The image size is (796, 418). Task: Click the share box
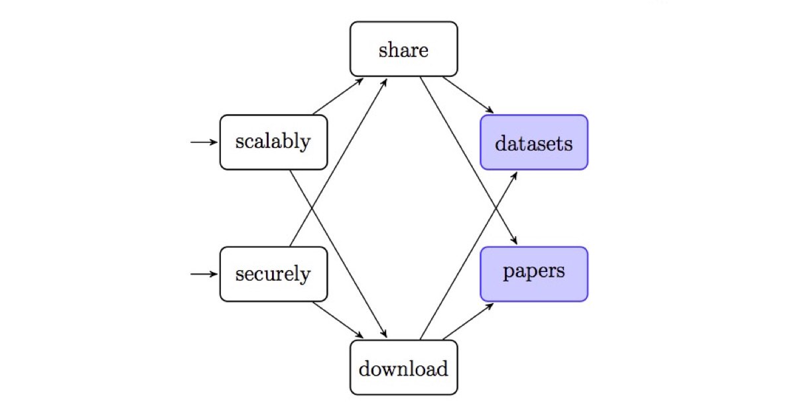404,49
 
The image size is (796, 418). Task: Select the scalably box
273,142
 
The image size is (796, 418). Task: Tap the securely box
273,274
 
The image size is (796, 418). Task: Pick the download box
404,368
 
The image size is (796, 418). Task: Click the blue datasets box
534,142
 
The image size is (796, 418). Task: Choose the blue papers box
534,274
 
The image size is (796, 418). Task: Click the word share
403,50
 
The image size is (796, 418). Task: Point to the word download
403,369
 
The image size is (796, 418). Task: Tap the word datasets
534,143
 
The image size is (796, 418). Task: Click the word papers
534,272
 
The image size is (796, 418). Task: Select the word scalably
273,142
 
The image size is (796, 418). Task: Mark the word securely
273,275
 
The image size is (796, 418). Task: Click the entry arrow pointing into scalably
204,142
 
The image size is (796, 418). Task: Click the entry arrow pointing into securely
204,274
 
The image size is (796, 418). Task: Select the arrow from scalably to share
338,96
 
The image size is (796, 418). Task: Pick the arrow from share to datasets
468,95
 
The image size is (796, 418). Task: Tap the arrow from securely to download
338,320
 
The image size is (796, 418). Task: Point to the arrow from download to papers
468,321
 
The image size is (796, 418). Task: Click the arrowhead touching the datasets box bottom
514,176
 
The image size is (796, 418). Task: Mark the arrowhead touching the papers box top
514,240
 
